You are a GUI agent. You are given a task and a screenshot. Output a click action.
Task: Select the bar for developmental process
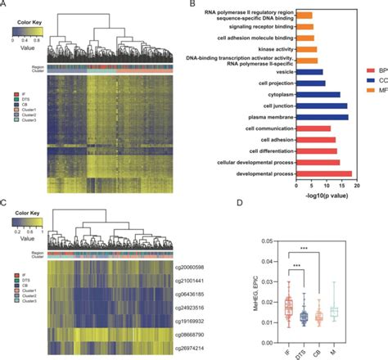point(324,173)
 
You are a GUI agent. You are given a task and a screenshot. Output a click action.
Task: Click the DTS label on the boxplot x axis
point(305,350)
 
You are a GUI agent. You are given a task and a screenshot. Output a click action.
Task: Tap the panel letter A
point(6,5)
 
